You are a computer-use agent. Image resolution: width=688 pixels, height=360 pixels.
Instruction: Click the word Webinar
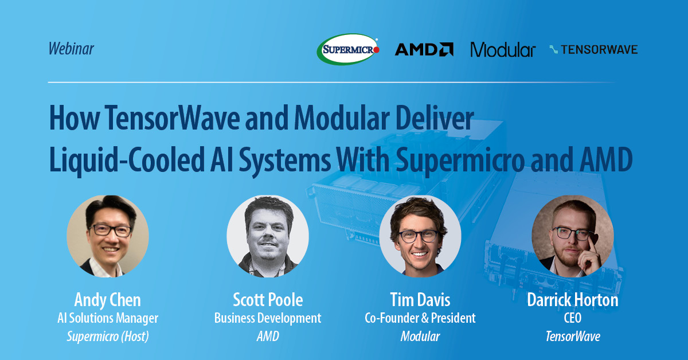(71, 49)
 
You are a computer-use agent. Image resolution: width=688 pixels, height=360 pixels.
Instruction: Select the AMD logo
(424, 50)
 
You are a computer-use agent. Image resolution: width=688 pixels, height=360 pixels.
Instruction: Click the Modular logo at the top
(503, 50)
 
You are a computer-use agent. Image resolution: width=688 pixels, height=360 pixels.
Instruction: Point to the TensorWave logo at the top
(593, 50)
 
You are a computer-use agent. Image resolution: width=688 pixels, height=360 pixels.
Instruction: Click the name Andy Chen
(108, 300)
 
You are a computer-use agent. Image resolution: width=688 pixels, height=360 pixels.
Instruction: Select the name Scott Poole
(268, 300)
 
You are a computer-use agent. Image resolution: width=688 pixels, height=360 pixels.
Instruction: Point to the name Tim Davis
(420, 300)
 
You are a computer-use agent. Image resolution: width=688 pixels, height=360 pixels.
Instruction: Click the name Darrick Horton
(573, 300)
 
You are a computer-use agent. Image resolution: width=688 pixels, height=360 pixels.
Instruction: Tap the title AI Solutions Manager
(108, 318)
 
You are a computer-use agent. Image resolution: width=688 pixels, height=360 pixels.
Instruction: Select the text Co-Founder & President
(420, 318)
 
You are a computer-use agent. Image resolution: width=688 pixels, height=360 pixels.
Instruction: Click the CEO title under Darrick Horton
(573, 318)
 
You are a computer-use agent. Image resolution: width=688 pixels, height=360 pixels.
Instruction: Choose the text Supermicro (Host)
(108, 336)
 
